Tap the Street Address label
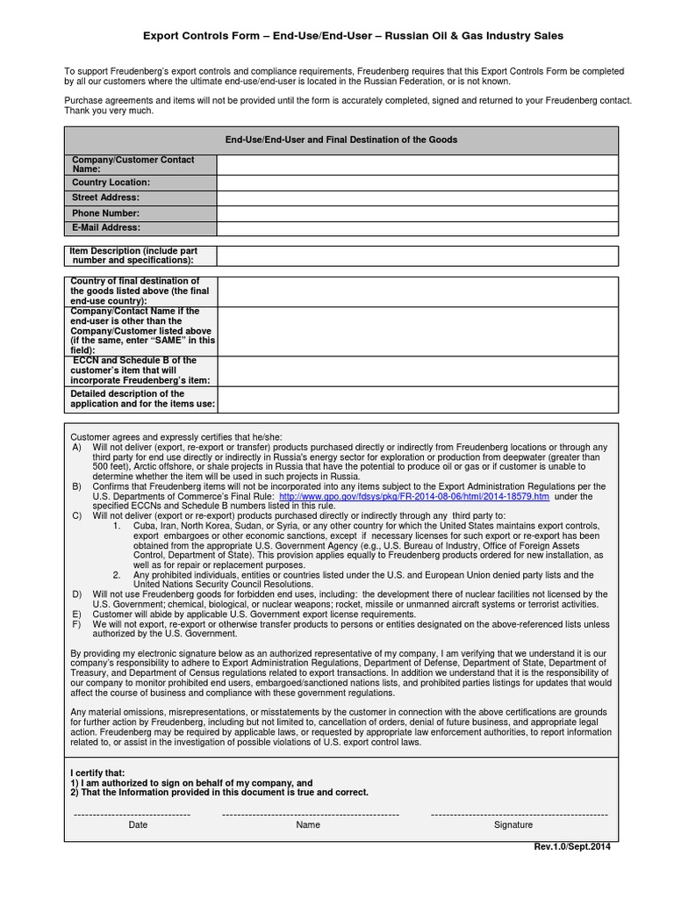[x=105, y=198]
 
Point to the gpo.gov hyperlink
[x=414, y=496]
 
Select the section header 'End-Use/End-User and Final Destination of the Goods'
[x=341, y=140]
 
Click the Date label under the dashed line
[x=138, y=825]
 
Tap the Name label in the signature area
[x=308, y=825]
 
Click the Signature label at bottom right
[x=513, y=825]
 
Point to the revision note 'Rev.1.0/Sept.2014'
[x=571, y=846]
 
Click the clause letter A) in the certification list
[x=76, y=447]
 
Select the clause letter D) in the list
[x=76, y=594]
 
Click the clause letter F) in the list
[x=76, y=623]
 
